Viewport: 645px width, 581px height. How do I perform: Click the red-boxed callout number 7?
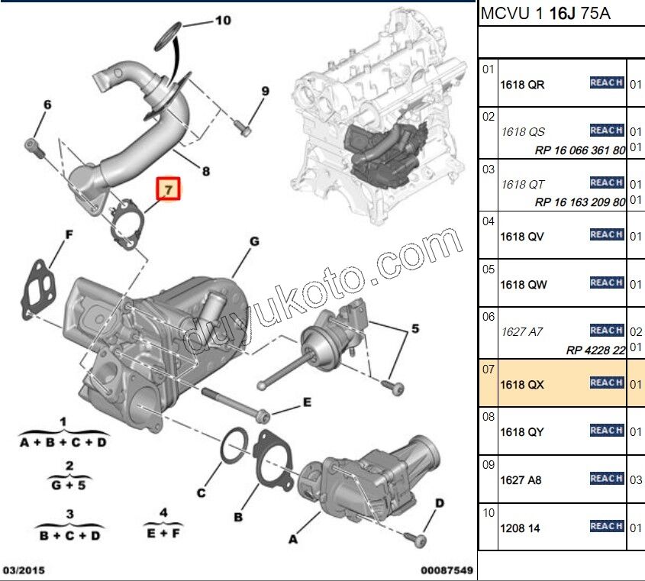(x=168, y=188)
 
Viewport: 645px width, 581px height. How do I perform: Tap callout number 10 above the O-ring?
(x=222, y=21)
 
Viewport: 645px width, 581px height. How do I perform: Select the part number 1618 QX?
(x=521, y=385)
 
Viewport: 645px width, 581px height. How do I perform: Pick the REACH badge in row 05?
(x=607, y=282)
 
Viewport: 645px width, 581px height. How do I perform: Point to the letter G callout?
(x=254, y=242)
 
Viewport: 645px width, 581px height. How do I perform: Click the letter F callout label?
(x=69, y=234)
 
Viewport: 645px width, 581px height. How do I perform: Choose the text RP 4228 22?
(x=595, y=350)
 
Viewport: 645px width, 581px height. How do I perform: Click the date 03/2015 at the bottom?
(x=22, y=570)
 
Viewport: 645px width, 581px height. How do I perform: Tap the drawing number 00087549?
(x=447, y=570)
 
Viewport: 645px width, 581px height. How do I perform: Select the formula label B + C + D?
(x=69, y=535)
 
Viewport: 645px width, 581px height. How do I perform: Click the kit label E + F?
(x=163, y=534)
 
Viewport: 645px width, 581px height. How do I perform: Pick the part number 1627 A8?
(x=521, y=480)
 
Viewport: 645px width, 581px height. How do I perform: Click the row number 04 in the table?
(x=488, y=221)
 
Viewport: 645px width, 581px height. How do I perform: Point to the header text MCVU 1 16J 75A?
(x=545, y=14)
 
